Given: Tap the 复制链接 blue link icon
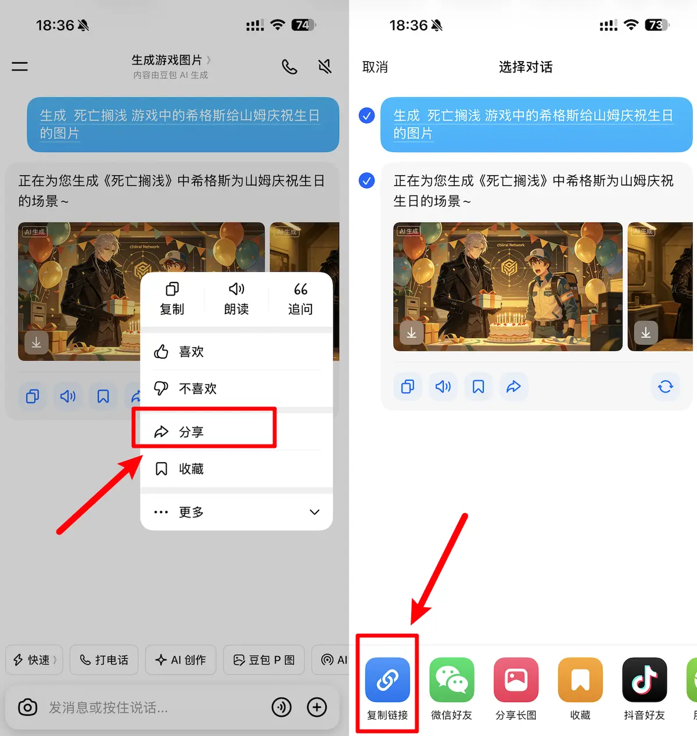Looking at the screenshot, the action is (x=387, y=680).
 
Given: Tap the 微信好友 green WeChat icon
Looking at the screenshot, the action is (x=451, y=680).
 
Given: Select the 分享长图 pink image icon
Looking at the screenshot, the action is (x=516, y=680).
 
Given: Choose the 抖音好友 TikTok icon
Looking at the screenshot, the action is (x=645, y=680).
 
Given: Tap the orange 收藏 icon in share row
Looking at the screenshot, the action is (x=580, y=680).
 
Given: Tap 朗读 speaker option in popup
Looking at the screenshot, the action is (x=236, y=299).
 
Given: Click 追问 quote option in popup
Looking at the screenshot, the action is (x=300, y=299).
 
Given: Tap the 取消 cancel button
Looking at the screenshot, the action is (x=375, y=67).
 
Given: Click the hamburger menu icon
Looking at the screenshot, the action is (x=20, y=66).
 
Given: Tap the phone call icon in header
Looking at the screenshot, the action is (x=289, y=67).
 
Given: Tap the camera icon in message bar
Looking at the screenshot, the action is (x=28, y=707).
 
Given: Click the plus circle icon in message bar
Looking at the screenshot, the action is (x=317, y=707).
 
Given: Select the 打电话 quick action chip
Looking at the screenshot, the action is (x=104, y=659).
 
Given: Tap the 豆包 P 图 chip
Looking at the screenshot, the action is (x=264, y=659).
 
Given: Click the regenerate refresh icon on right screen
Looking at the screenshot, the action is (x=666, y=387).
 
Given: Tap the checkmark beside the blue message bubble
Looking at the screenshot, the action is (x=367, y=116).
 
